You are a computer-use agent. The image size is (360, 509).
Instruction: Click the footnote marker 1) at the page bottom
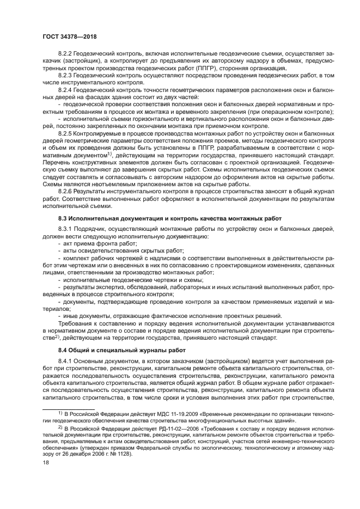61,414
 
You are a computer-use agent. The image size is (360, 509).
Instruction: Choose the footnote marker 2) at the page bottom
61,428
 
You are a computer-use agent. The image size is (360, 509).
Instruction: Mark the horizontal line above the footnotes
69,409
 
